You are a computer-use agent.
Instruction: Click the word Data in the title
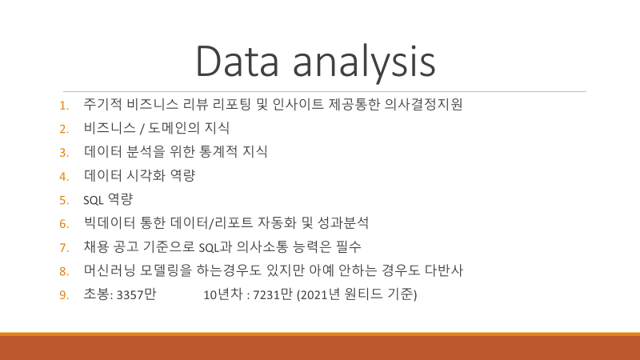coord(237,61)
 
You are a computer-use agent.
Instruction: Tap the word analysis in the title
coord(364,63)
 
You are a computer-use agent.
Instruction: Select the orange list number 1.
coord(64,106)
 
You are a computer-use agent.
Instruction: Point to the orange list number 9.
coord(64,294)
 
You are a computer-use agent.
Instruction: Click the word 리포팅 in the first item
coord(231,105)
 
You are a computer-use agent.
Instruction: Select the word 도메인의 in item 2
coord(174,128)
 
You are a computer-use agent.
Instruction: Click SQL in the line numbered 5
coord(93,200)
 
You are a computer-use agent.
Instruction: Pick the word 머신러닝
coord(109,270)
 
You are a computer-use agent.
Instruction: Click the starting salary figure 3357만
coord(136,294)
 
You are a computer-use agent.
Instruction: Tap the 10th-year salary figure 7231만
coord(273,294)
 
